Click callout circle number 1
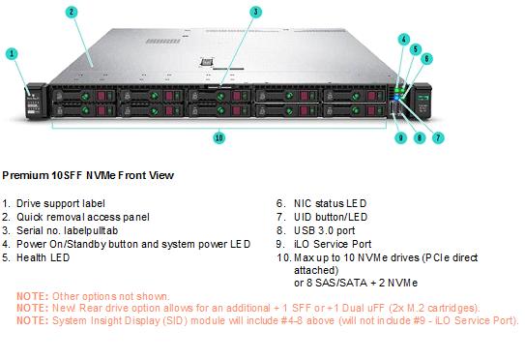point(12,53)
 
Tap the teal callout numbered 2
point(72,13)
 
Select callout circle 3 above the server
point(255,12)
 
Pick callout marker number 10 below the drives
point(219,137)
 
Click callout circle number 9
point(401,137)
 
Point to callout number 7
point(438,137)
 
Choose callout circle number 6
point(426,59)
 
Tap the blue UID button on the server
point(397,98)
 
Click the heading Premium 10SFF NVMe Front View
point(88,175)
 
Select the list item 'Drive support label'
point(61,203)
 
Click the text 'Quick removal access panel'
point(83,217)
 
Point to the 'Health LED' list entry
point(44,257)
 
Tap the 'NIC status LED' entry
point(330,203)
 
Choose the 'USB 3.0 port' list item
point(325,230)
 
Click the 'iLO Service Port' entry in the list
point(333,244)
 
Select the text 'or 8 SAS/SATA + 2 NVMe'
point(356,283)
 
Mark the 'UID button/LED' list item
point(331,217)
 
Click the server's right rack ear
point(423,101)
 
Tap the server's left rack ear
point(35,101)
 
